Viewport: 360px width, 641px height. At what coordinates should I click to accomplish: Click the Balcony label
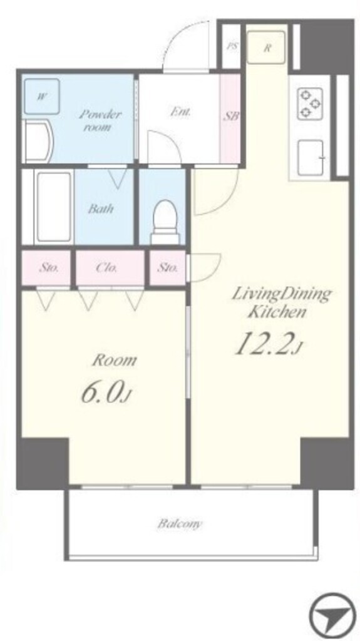[180, 523]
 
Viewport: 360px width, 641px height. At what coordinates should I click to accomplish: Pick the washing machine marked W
[42, 96]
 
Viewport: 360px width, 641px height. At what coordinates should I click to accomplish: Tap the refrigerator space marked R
[266, 47]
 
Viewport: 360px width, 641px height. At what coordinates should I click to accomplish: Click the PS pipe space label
[232, 46]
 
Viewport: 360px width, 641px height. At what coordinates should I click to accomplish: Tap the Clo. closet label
[107, 268]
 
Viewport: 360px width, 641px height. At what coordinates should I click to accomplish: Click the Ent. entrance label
[180, 111]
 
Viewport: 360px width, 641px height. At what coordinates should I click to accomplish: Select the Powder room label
[100, 120]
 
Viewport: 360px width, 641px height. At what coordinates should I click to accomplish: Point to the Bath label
[101, 209]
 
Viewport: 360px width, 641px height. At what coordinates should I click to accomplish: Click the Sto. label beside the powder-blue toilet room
[168, 268]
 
